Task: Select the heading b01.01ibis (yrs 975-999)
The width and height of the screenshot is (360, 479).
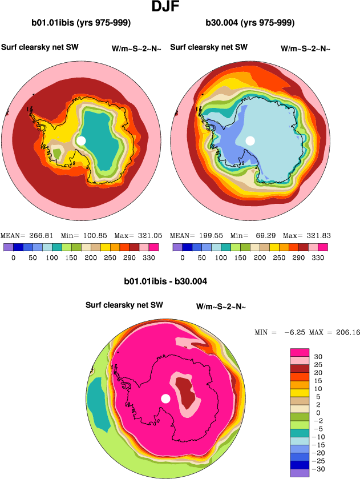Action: [82, 23]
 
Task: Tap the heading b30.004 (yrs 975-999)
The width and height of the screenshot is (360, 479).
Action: [250, 23]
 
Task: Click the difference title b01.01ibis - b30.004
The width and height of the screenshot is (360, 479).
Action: [165, 281]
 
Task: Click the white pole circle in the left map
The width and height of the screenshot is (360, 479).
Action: [81, 140]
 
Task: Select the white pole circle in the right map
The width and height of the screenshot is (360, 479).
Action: [250, 140]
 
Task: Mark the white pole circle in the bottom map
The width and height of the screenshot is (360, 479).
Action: [166, 399]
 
